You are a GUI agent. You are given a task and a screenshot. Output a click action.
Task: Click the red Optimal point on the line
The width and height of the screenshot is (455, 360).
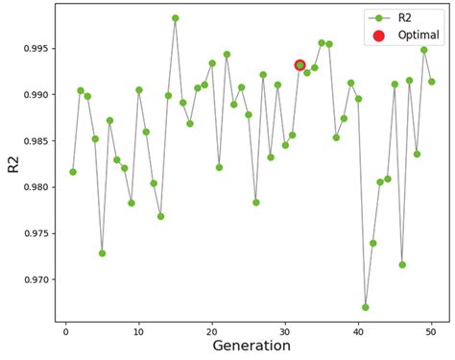[299, 65]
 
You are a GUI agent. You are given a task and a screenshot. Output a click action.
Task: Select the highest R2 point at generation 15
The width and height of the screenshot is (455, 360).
[176, 18]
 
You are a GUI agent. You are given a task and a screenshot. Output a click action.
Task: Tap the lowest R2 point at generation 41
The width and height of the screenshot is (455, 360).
[366, 307]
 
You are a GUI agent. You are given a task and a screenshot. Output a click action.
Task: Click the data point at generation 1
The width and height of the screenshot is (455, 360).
[73, 172]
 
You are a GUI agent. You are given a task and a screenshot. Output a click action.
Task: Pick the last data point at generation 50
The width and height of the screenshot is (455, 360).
[431, 82]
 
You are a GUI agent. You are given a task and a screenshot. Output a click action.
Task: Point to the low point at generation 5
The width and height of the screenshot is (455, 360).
[102, 253]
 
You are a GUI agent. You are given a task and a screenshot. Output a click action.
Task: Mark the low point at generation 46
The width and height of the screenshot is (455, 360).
[402, 265]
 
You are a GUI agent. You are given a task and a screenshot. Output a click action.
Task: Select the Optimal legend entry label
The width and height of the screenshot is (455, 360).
[419, 36]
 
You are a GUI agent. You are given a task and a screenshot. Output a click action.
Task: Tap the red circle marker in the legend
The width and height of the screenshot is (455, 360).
[378, 36]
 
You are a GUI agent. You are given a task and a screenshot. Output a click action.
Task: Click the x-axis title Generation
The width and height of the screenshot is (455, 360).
[251, 346]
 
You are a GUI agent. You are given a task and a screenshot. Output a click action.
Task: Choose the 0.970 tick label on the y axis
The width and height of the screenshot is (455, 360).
[33, 279]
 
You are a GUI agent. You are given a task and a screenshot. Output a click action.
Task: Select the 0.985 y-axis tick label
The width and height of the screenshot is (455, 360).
[33, 141]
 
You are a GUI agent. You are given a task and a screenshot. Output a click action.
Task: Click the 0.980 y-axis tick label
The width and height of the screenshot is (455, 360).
[33, 187]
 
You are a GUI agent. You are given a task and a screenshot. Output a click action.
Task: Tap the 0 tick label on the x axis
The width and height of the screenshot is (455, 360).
[65, 330]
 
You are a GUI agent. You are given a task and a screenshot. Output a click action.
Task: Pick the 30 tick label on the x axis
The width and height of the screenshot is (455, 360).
[285, 330]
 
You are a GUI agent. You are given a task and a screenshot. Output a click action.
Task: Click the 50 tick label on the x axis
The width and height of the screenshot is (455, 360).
[431, 330]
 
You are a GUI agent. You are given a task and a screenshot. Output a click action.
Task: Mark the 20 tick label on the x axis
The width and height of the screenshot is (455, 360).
[212, 330]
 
